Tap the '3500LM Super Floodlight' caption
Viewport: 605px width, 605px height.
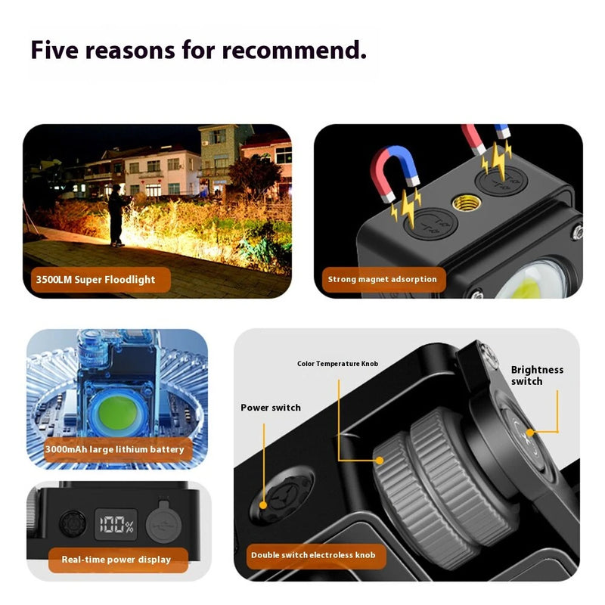(x=95, y=280)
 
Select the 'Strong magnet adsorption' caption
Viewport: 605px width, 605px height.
(x=382, y=279)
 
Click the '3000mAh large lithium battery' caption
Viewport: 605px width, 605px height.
(x=114, y=449)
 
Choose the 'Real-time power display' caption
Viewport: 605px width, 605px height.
(x=116, y=560)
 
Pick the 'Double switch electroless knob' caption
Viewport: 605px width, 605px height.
(x=313, y=556)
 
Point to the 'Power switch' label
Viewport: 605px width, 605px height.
(x=271, y=408)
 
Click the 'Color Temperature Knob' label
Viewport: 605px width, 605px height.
(x=337, y=364)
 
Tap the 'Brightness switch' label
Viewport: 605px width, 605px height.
(x=537, y=375)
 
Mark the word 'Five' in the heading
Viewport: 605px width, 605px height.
(x=57, y=50)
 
